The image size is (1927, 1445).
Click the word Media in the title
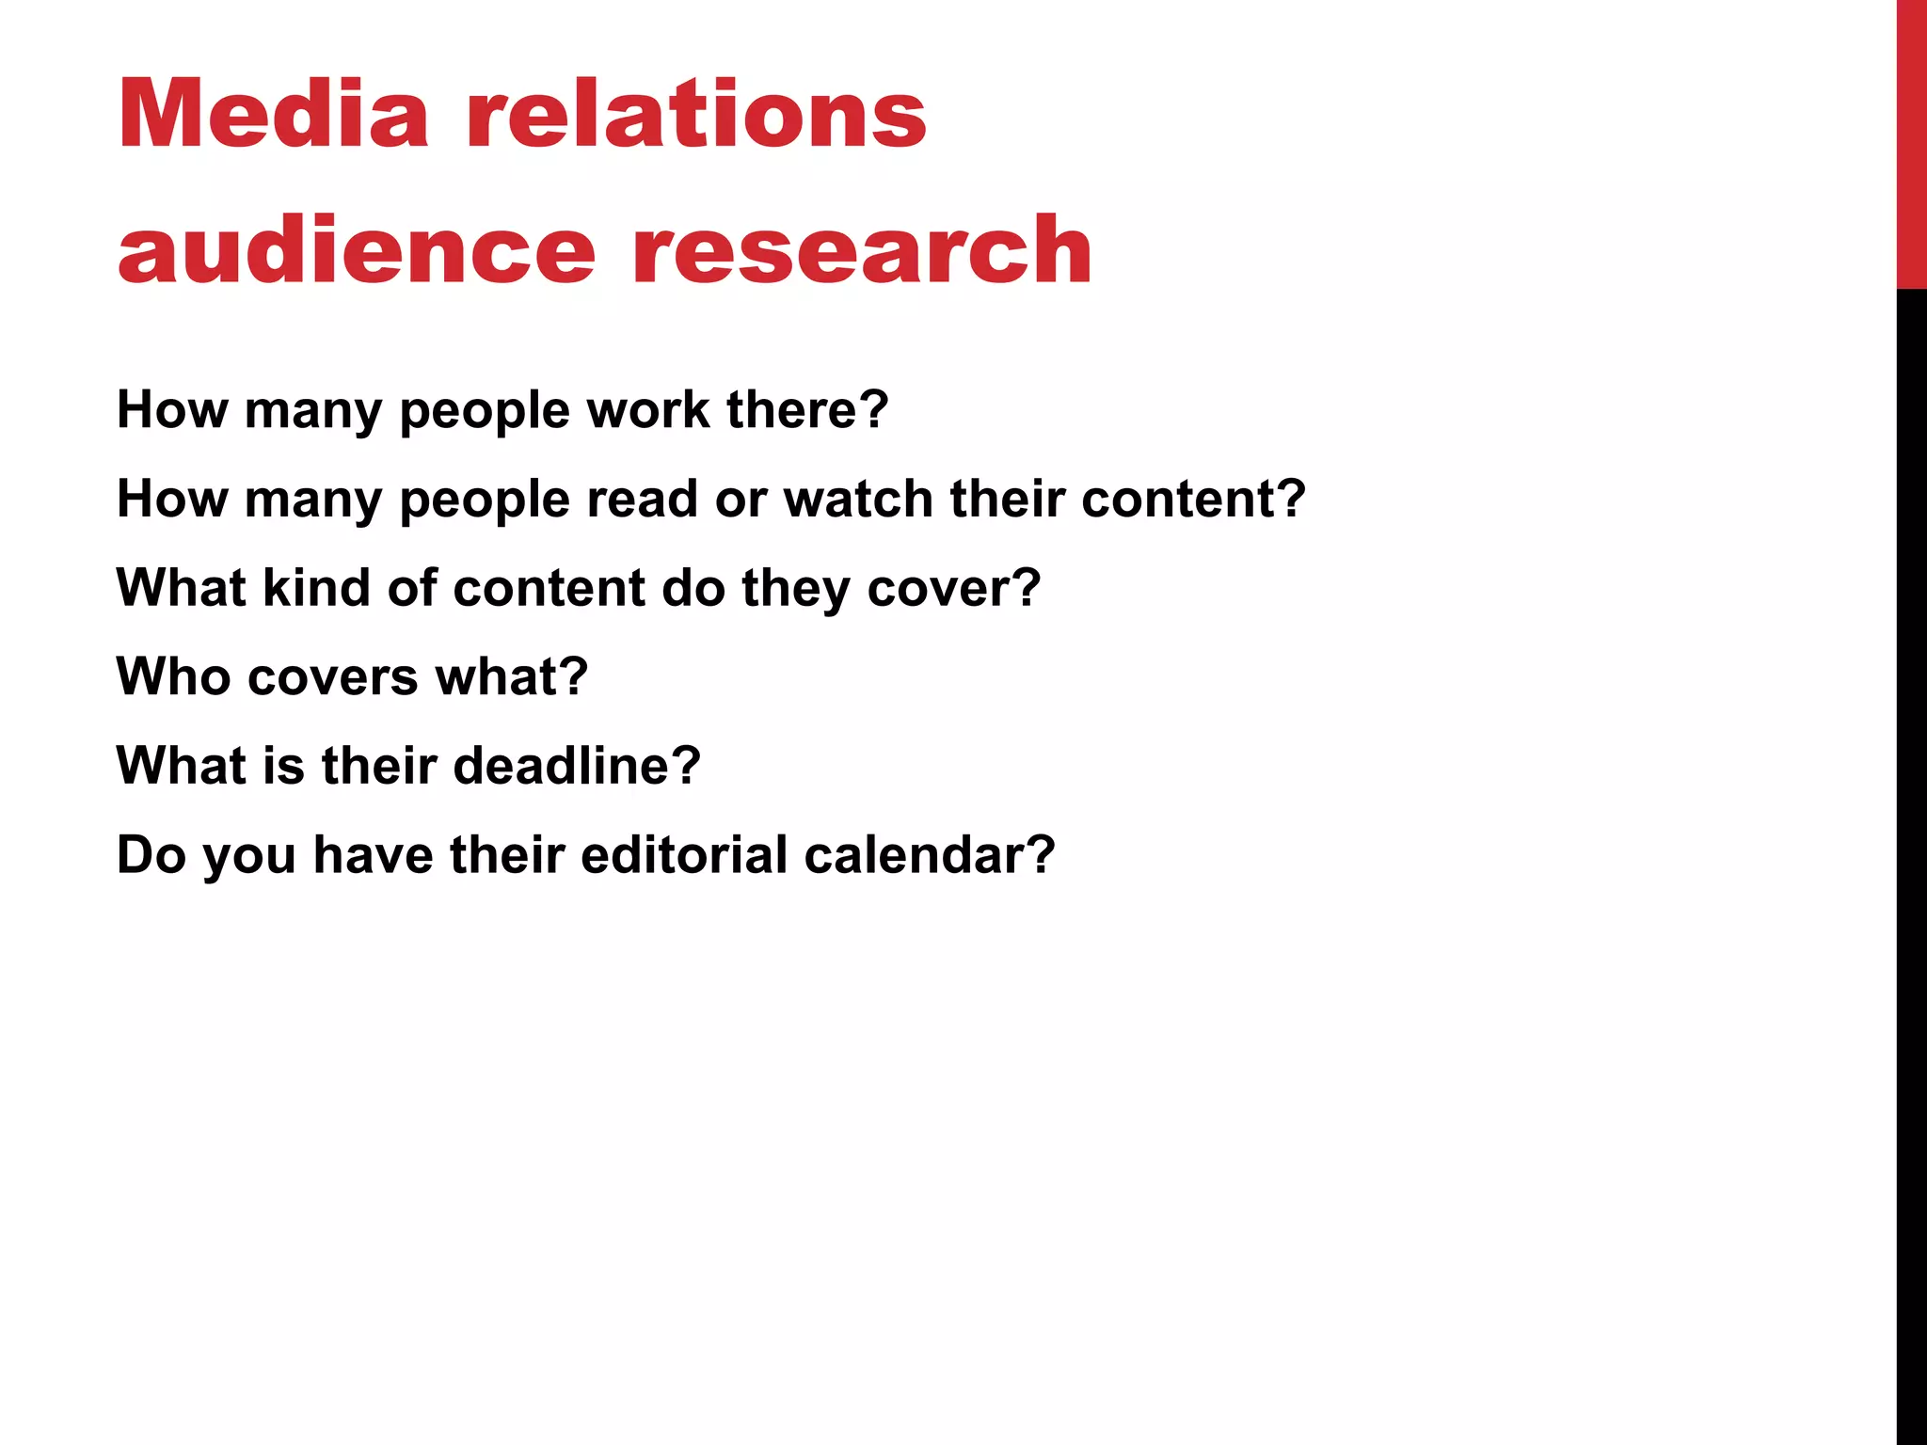pos(273,114)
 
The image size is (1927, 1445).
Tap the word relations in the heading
pos(696,114)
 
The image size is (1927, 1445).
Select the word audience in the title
pos(357,249)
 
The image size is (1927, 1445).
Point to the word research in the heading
pos(862,249)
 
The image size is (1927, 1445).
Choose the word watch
pos(857,499)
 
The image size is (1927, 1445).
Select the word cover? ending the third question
pos(954,588)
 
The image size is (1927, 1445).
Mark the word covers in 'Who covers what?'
pos(333,676)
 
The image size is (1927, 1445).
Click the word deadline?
pos(577,766)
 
